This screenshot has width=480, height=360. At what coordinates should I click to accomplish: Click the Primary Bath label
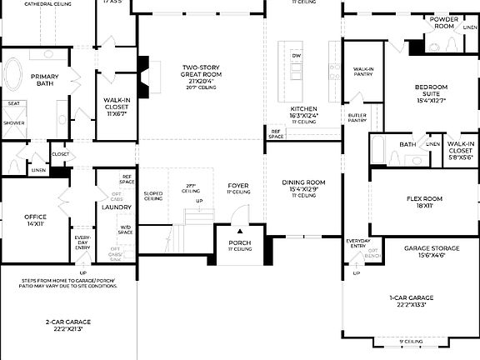pos(45,80)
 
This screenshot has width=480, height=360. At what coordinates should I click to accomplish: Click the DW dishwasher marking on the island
pos(296,56)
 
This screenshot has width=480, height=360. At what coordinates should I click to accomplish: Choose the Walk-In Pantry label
pos(362,72)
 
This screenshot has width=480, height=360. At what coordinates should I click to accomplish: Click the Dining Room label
pos(303,185)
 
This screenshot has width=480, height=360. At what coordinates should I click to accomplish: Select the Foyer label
pos(238,187)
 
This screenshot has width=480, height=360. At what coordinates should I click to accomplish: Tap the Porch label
pos(239,244)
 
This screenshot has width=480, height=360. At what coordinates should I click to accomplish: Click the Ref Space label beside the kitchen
pos(276,133)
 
